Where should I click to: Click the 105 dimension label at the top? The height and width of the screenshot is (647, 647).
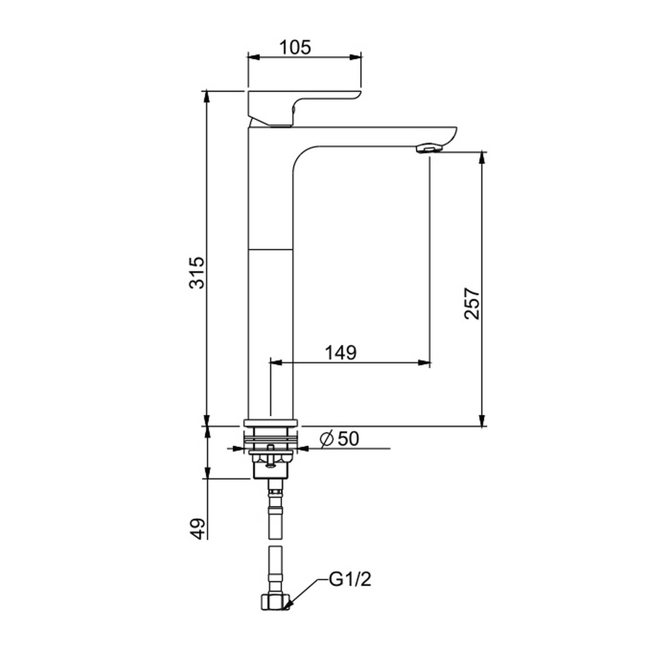(295, 47)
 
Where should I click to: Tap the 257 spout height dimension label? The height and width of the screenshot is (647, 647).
(472, 303)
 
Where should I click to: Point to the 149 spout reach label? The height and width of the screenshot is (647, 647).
(341, 352)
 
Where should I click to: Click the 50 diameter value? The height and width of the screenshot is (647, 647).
(348, 439)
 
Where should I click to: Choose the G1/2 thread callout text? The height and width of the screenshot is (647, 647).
(350, 580)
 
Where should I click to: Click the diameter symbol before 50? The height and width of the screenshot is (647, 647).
(327, 439)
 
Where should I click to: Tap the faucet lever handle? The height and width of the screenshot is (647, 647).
(302, 108)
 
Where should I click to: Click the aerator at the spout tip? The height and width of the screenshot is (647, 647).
(430, 149)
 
